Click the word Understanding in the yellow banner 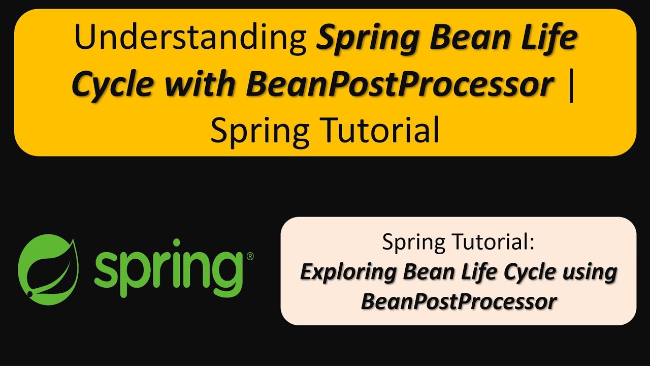[x=190, y=39]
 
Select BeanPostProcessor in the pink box [x=459, y=301]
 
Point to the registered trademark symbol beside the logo [x=250, y=257]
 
